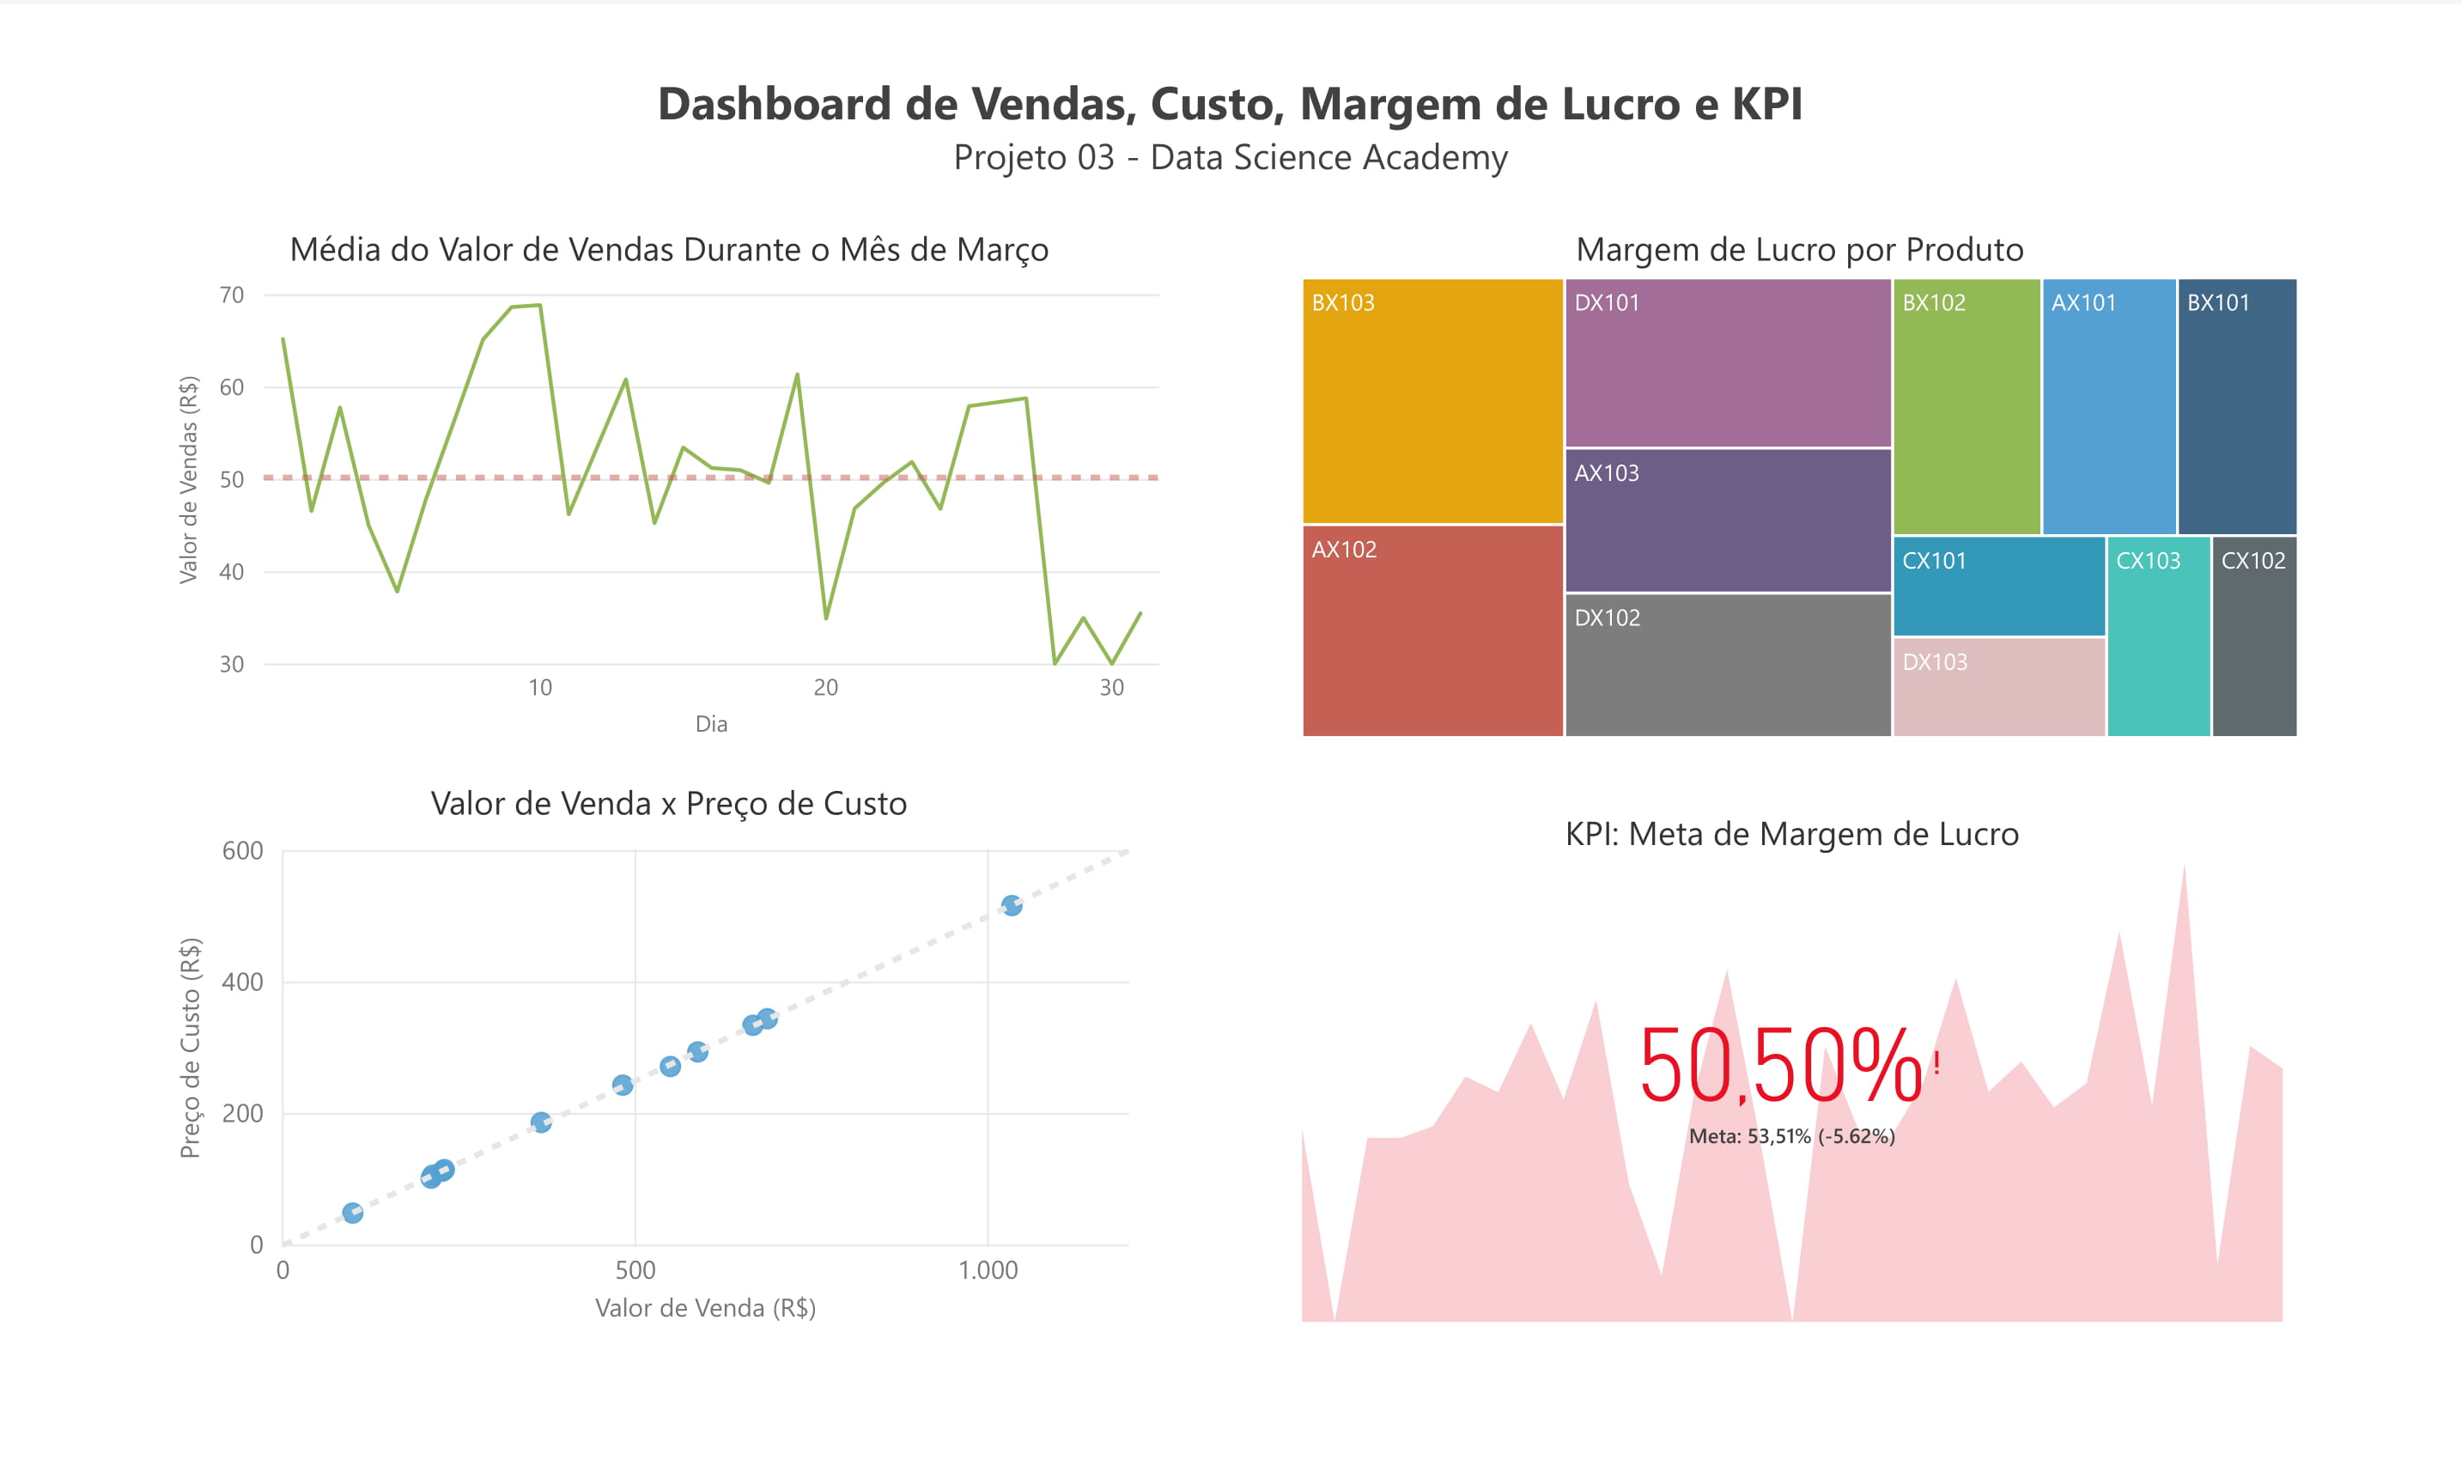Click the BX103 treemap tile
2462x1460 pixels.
point(1432,401)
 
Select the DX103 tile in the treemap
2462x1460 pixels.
point(1999,685)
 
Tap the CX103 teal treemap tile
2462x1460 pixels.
point(2158,636)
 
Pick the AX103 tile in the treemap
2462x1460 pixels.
point(1727,520)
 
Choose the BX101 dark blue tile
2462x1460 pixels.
point(2237,405)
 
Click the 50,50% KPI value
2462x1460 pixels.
point(1780,1067)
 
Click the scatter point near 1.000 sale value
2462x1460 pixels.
point(1011,905)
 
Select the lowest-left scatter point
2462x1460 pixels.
point(352,1212)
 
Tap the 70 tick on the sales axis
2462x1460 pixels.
point(231,295)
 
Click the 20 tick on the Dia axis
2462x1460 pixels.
point(825,688)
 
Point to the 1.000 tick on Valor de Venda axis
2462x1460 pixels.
point(988,1270)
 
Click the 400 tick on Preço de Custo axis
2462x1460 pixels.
point(242,982)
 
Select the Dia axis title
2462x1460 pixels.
point(711,724)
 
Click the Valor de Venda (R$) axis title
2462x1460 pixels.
point(705,1307)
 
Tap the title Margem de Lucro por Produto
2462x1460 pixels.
point(1799,250)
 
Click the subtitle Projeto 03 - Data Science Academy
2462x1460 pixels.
point(1230,157)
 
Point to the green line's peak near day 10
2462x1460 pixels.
point(539,306)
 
